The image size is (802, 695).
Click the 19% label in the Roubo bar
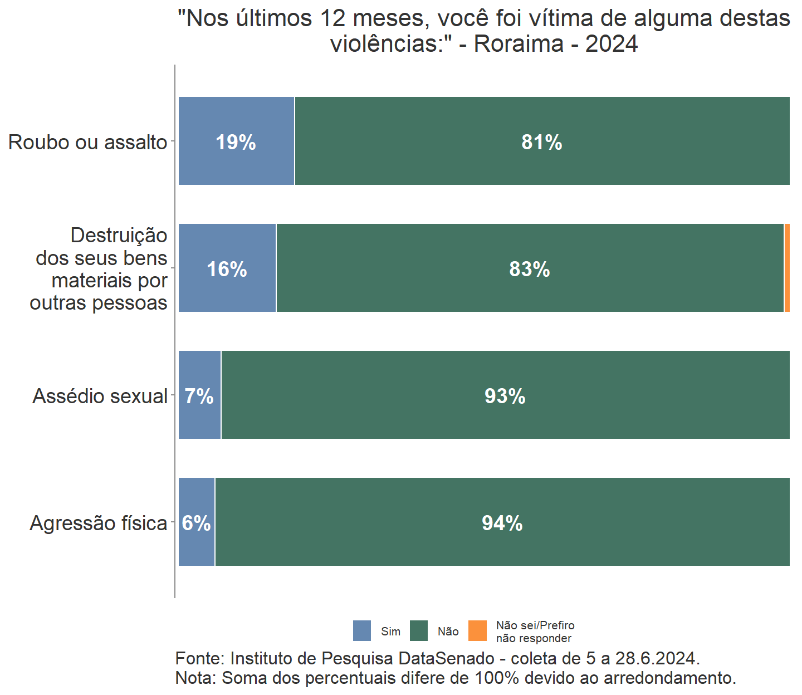tap(236, 143)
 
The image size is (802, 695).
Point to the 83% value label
tap(529, 270)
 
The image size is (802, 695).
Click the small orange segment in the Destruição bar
tap(787, 268)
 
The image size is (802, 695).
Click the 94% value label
tap(502, 523)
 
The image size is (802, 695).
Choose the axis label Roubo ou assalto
tap(88, 143)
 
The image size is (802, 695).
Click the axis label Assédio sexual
tap(100, 397)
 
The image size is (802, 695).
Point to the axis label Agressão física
tap(99, 523)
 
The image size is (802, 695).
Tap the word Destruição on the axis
tap(119, 236)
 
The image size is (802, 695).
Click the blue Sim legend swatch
tap(362, 631)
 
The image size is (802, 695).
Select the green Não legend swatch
tap(419, 631)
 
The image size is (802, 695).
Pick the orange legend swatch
tap(477, 631)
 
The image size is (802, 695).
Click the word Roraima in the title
tap(519, 44)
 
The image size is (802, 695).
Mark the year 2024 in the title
tap(612, 44)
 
